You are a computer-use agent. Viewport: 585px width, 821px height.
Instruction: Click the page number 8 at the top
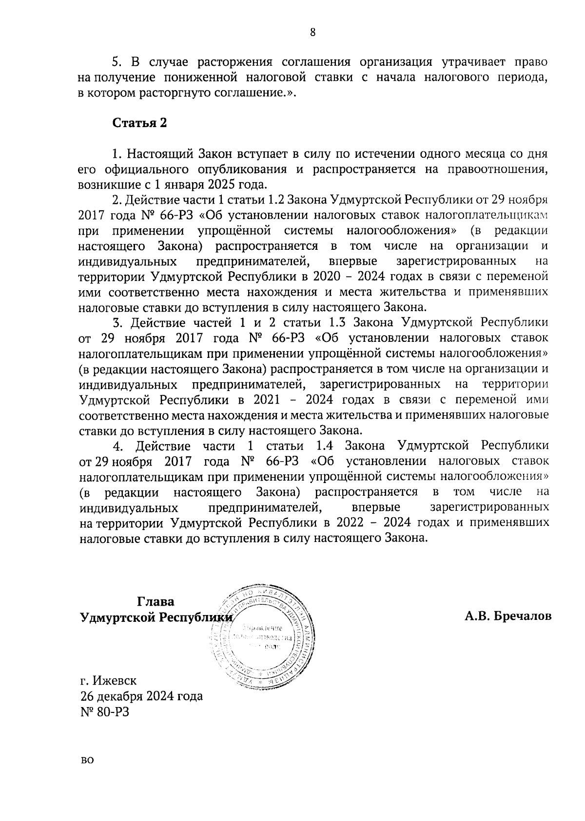[x=313, y=32]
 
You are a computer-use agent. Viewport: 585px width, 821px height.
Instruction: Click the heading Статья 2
[x=140, y=123]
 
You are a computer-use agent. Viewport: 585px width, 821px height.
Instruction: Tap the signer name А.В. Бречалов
[x=508, y=616]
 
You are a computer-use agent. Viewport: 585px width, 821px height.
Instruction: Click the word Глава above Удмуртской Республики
[x=156, y=601]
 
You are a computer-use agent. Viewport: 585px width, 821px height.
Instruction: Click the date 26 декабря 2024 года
[x=141, y=696]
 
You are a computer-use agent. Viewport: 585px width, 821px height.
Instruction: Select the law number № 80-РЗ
[x=106, y=711]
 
